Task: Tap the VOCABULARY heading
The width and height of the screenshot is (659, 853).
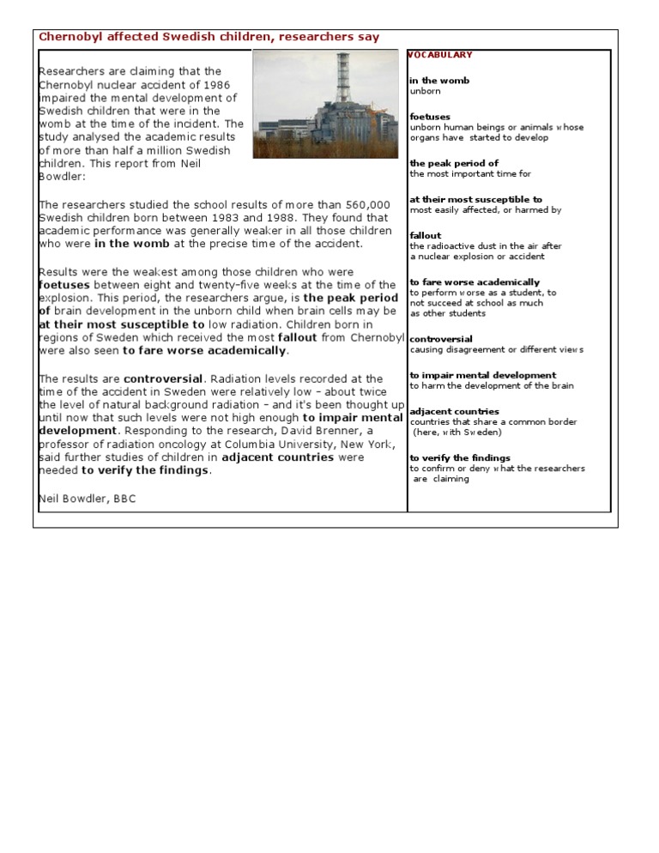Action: click(440, 55)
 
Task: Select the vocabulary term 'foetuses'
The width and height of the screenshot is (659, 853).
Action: click(430, 117)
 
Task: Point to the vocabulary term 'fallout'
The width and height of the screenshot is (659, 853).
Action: click(426, 235)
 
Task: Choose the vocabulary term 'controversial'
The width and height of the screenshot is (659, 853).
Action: click(441, 339)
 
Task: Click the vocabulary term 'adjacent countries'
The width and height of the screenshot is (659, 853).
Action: click(454, 412)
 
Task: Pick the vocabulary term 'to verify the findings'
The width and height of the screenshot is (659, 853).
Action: click(460, 458)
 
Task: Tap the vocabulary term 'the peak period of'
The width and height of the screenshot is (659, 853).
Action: click(454, 163)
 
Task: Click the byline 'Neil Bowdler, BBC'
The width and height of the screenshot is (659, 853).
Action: click(87, 499)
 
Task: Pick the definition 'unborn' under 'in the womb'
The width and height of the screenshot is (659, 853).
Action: click(425, 91)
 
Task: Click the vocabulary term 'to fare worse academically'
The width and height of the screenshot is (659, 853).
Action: click(475, 282)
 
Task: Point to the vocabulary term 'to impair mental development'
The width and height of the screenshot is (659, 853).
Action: click(482, 375)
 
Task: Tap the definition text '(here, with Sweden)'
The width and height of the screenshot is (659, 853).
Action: click(457, 433)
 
